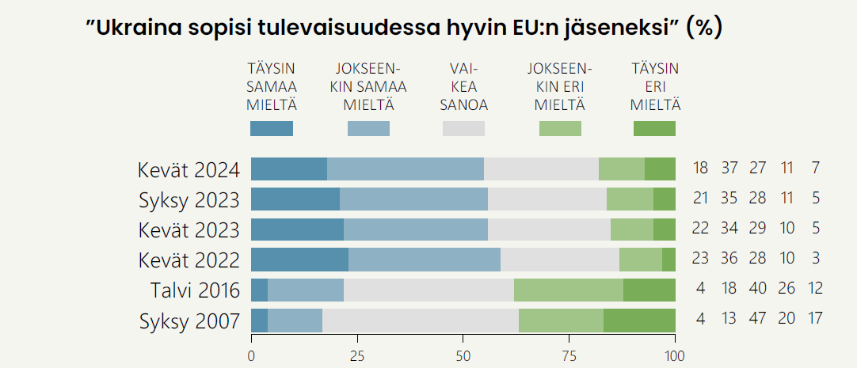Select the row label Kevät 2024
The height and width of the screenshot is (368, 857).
[x=189, y=169]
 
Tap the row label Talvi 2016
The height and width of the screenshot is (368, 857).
[x=195, y=290]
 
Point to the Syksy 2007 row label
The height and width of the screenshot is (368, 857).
[x=189, y=321]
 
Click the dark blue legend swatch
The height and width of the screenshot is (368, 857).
[x=272, y=128]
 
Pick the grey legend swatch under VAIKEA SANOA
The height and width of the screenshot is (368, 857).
[x=463, y=128]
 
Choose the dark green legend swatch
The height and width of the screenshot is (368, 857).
[x=654, y=128]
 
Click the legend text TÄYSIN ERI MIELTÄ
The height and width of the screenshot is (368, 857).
[x=655, y=86]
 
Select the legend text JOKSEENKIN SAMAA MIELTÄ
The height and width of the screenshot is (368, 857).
[x=368, y=86]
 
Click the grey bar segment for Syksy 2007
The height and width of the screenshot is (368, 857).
[x=421, y=320]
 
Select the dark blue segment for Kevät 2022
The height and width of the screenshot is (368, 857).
[x=299, y=260]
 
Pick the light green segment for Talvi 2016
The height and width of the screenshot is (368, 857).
[x=569, y=290]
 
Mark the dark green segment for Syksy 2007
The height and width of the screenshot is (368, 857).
[x=639, y=320]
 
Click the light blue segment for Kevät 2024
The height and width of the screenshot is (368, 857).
[x=406, y=169]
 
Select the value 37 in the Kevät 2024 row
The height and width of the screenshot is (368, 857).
[x=730, y=169]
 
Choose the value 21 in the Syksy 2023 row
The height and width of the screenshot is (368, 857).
[x=700, y=199]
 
